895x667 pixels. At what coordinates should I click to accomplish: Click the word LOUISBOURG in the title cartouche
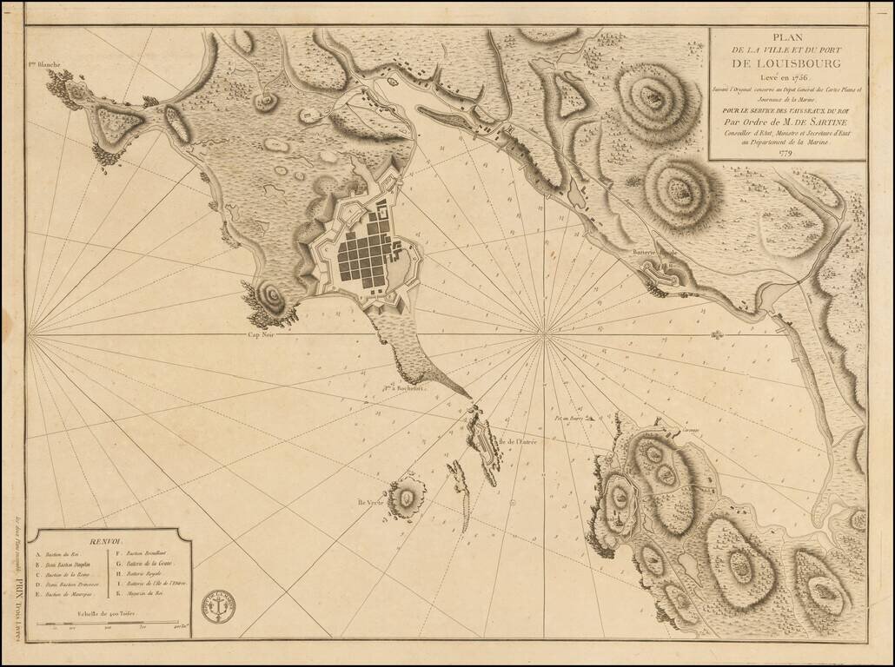(x=786, y=63)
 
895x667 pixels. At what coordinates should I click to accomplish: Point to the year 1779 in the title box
(x=786, y=155)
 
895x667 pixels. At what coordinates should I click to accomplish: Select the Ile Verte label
(x=370, y=503)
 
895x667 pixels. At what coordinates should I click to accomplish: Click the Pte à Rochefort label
(x=401, y=388)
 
